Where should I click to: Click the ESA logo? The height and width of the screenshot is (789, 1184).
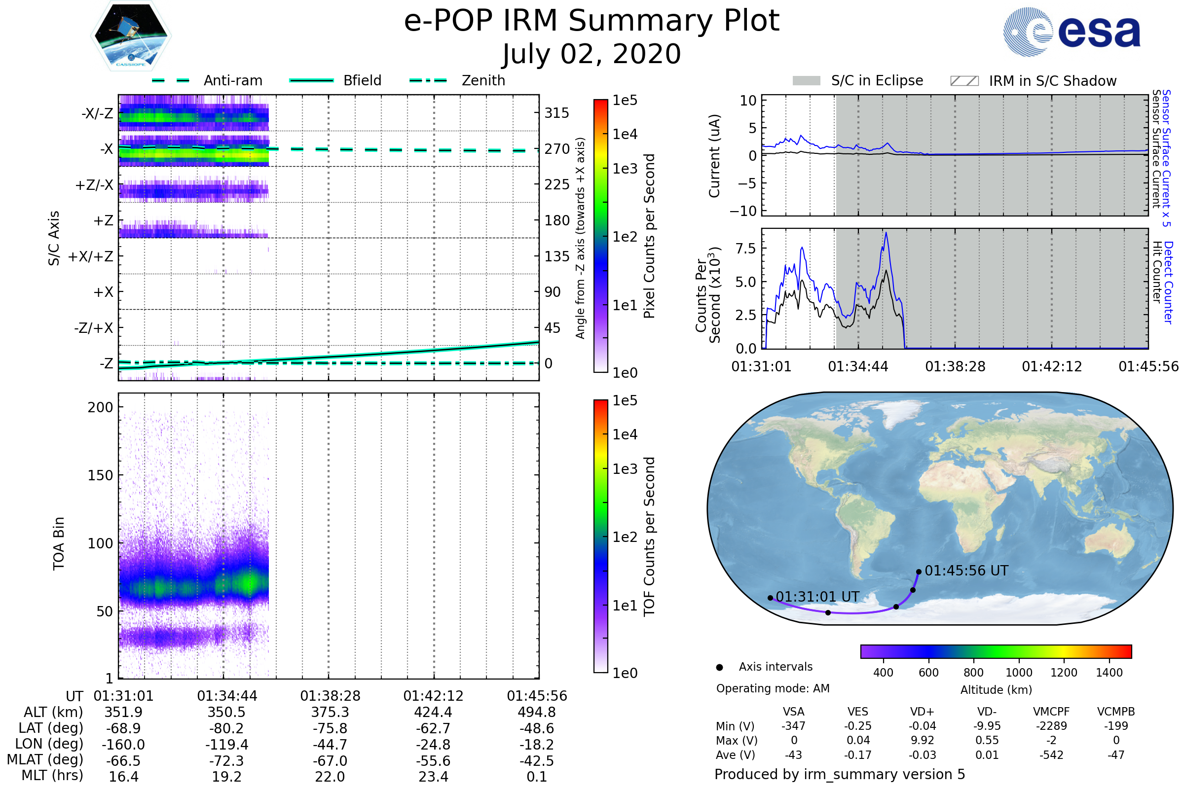1072,31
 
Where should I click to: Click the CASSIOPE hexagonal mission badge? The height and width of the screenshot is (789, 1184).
131,36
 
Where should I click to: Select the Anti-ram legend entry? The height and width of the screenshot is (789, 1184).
207,80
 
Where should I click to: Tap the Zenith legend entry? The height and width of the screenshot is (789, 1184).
458,80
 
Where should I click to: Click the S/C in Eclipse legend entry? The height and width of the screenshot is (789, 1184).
858,80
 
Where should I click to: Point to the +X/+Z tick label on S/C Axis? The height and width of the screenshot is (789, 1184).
91,256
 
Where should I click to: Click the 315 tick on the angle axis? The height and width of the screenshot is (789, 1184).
557,113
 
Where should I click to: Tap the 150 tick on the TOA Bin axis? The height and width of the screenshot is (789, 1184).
100,475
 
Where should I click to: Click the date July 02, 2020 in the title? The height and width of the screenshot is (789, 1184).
592,54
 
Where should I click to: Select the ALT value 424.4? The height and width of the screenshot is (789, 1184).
434,712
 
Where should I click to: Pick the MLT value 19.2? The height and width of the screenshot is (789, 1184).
226,776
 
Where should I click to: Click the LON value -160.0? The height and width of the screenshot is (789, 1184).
123,744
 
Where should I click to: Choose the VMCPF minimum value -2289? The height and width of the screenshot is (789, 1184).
1051,725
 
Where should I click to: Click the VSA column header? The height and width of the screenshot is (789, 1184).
793,712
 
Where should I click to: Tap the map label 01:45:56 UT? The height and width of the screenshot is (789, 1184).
966,571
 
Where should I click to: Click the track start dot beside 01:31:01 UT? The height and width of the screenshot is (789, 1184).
770,598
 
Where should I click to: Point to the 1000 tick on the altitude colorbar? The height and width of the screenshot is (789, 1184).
1019,673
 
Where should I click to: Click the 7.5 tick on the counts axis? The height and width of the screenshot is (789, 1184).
745,248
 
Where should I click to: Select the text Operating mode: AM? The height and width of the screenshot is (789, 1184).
773,688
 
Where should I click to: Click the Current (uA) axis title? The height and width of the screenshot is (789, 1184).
714,156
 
